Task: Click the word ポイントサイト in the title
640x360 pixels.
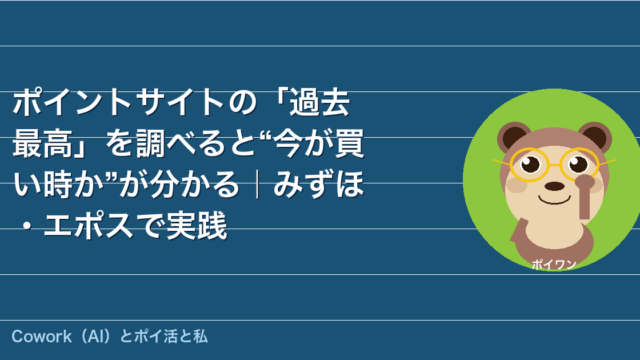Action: point(118,102)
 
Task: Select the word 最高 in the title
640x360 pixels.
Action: point(42,143)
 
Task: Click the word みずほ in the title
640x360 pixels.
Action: point(318,184)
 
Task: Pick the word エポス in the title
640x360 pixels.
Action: point(89,225)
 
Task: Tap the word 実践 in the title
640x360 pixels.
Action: point(197,225)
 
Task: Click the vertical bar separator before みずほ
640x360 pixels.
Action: point(257,185)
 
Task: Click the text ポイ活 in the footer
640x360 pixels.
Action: point(156,337)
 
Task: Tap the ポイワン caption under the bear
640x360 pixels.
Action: point(554,265)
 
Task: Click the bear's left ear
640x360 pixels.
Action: point(513,136)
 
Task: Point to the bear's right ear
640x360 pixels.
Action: point(595,136)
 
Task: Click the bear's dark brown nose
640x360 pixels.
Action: point(555,187)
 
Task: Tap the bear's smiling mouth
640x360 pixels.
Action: point(554,200)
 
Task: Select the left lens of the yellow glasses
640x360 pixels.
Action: point(528,164)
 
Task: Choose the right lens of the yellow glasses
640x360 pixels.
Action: point(580,164)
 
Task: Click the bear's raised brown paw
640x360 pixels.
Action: point(585,196)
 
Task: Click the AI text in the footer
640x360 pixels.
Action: point(96,337)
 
